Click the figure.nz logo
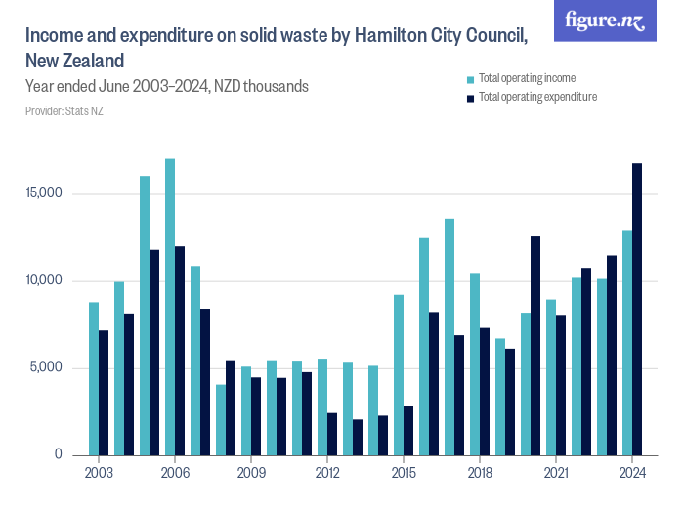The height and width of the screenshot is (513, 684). (x=605, y=21)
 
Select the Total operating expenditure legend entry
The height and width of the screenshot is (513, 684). (x=536, y=97)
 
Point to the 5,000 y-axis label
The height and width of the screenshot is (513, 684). (x=45, y=368)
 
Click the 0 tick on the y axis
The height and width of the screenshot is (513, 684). (x=59, y=455)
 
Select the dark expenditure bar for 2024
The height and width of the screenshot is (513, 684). (x=637, y=309)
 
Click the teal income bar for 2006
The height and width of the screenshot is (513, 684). (x=170, y=307)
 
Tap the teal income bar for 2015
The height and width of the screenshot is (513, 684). (x=399, y=375)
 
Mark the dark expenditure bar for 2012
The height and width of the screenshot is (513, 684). (x=332, y=434)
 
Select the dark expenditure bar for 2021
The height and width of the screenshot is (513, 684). (x=561, y=385)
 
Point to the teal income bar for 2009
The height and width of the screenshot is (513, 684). (x=246, y=410)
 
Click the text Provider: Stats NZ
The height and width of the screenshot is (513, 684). (x=64, y=111)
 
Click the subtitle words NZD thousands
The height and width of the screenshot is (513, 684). (x=262, y=87)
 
